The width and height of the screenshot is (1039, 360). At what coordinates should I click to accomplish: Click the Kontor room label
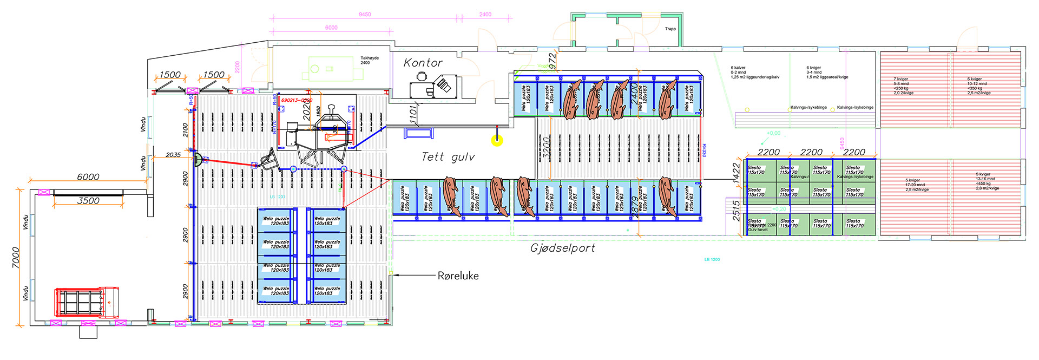(x=423, y=63)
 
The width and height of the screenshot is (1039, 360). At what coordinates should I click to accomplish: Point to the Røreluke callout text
(x=458, y=276)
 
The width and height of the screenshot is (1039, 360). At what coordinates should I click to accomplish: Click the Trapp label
(x=670, y=29)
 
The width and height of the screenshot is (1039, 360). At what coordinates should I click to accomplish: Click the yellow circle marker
(x=497, y=141)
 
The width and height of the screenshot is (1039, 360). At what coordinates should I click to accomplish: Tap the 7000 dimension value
(x=16, y=257)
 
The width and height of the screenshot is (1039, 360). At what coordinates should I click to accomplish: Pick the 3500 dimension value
(x=88, y=200)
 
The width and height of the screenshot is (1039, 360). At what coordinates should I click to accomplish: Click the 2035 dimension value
(x=173, y=155)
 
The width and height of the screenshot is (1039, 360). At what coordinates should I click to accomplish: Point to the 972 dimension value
(x=552, y=59)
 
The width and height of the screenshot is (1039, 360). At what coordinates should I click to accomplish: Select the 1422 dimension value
(x=736, y=173)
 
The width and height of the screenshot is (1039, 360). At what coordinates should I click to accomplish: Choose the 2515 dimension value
(x=736, y=211)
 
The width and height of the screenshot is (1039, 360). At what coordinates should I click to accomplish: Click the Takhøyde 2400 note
(x=369, y=60)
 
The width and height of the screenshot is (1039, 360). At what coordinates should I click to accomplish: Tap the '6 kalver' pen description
(x=754, y=73)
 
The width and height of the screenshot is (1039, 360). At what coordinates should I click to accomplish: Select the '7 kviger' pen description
(x=903, y=86)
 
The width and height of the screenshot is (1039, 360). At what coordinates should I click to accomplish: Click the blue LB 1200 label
(x=712, y=259)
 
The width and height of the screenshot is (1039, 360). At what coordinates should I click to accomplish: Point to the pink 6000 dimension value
(x=331, y=28)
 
